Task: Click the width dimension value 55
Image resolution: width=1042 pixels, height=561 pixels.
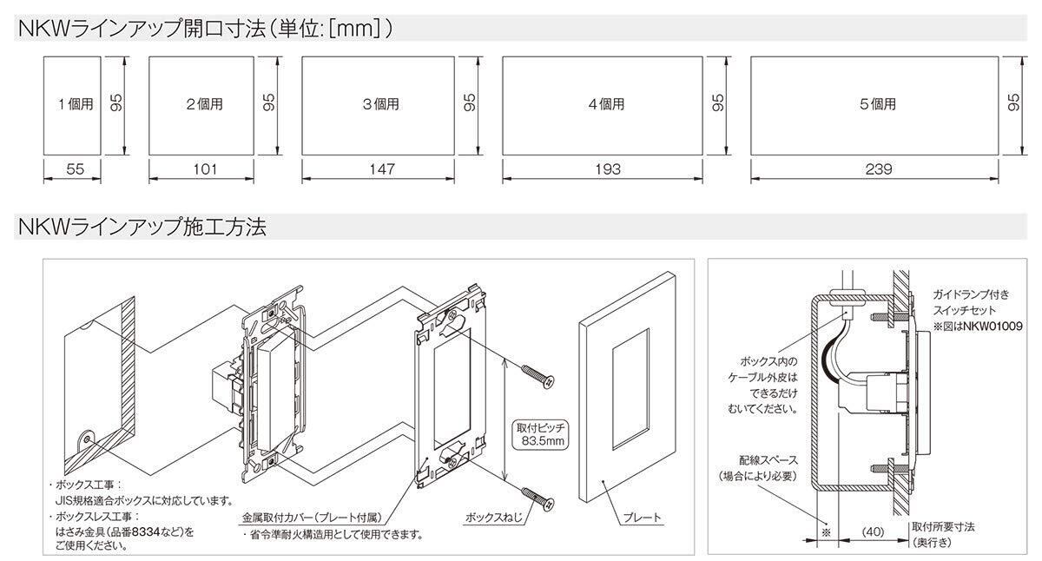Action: [x=75, y=169]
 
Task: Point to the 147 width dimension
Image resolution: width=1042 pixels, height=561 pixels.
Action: [x=379, y=169]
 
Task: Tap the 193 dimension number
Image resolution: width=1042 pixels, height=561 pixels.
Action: [x=604, y=169]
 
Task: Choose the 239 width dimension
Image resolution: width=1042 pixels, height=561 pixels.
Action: [x=877, y=169]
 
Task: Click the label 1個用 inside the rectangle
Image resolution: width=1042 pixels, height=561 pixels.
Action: [x=75, y=105]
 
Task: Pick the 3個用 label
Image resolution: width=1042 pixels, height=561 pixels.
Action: [x=379, y=105]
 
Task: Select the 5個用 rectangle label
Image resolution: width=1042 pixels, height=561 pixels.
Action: [x=877, y=105]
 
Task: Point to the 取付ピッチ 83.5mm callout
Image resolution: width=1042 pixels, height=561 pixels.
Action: [x=541, y=434]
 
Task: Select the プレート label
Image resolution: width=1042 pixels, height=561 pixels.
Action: [x=642, y=518]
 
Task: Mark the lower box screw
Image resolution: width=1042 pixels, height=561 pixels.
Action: [x=540, y=500]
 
